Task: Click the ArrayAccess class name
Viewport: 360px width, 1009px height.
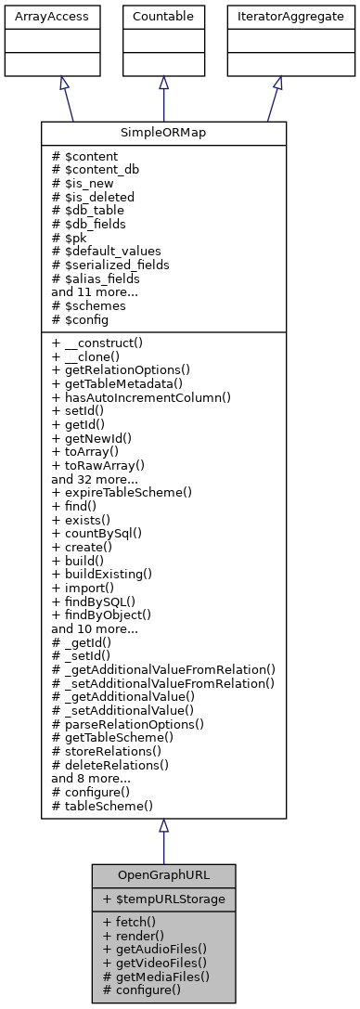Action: (x=37, y=16)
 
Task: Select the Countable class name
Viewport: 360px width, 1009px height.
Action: (x=163, y=16)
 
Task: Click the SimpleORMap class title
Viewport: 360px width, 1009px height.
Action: (x=163, y=134)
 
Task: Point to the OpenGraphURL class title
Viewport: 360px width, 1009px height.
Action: (x=163, y=875)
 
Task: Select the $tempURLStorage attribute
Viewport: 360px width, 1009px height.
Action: (x=163, y=899)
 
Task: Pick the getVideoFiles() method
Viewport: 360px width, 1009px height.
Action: (x=154, y=963)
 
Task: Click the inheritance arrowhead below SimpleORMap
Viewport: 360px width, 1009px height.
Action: (x=163, y=826)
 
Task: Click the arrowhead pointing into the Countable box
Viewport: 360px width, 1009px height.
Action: (x=163, y=84)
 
